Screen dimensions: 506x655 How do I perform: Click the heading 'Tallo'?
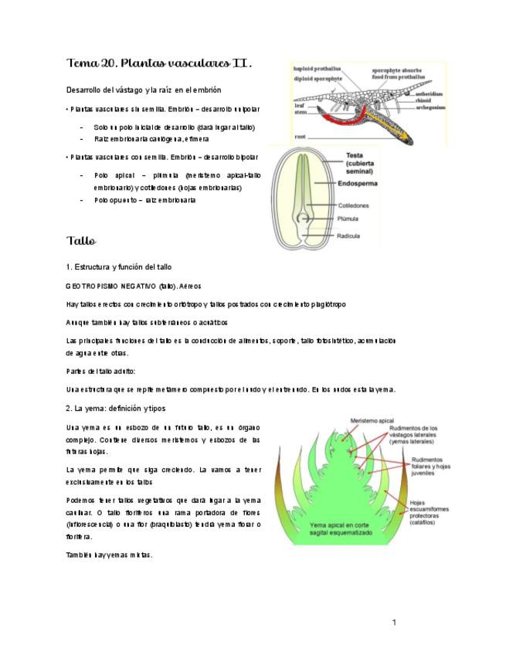(x=81, y=241)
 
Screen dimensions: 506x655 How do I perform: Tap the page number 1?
(x=393, y=622)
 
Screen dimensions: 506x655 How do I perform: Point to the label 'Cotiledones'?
(x=353, y=205)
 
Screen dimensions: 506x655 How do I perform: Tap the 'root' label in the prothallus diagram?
(x=301, y=137)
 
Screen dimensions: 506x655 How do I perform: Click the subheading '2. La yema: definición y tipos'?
(x=116, y=407)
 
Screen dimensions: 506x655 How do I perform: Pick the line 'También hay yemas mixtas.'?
(x=110, y=555)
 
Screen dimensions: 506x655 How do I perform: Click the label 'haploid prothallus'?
(x=318, y=68)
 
